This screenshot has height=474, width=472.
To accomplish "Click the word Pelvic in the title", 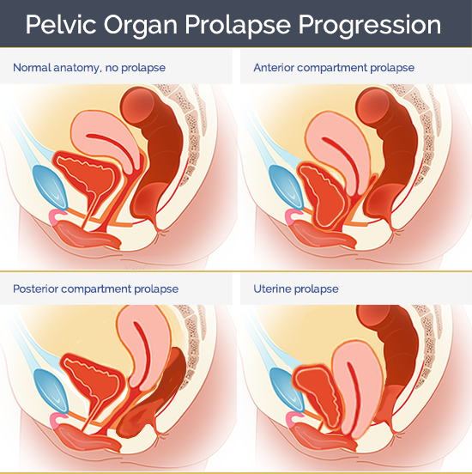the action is [x=61, y=25].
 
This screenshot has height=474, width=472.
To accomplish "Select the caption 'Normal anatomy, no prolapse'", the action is [x=89, y=68].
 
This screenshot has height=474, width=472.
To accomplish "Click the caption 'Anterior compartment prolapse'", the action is [x=334, y=68].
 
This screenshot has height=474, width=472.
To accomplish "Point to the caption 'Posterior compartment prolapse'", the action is [x=95, y=289].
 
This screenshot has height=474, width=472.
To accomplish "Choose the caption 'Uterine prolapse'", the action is [x=296, y=289].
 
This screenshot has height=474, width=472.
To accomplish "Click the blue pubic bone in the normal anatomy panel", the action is [x=50, y=187].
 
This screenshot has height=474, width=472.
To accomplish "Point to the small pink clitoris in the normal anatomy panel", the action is [x=56, y=216].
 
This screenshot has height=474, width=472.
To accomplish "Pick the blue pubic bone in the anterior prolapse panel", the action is [x=286, y=187].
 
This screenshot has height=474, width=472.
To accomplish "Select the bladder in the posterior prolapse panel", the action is [x=92, y=382].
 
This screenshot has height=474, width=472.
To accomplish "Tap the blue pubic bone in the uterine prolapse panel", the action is [x=286, y=390].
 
